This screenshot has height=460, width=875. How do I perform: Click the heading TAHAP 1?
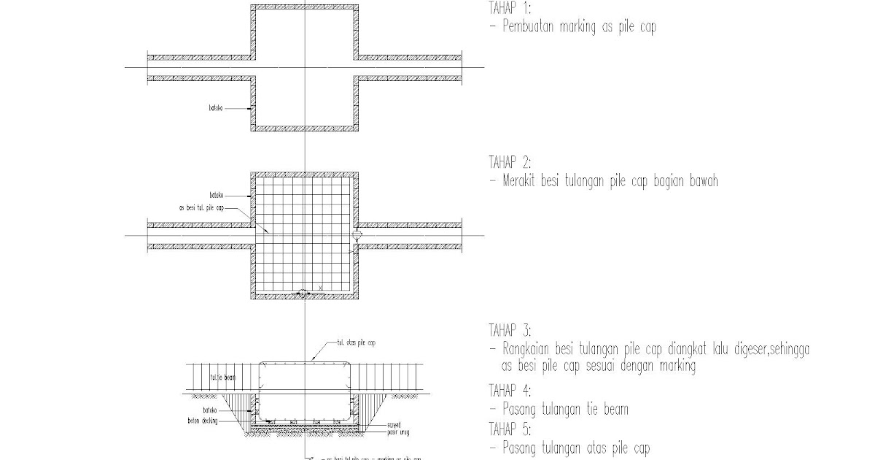[510, 9]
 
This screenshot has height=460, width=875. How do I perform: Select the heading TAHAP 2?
[510, 161]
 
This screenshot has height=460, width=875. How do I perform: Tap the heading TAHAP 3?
[510, 329]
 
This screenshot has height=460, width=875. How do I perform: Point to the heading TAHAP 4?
[510, 391]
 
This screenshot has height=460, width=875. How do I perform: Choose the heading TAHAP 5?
[510, 429]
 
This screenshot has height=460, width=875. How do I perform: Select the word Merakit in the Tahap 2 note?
[522, 181]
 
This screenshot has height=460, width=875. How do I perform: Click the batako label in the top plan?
[214, 109]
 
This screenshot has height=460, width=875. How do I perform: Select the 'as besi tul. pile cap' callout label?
[201, 207]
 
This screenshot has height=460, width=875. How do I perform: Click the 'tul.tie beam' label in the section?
[222, 377]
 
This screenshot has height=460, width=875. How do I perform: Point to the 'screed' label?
[395, 423]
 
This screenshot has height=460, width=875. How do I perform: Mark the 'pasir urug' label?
[398, 431]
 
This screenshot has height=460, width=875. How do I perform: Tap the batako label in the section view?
[211, 410]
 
